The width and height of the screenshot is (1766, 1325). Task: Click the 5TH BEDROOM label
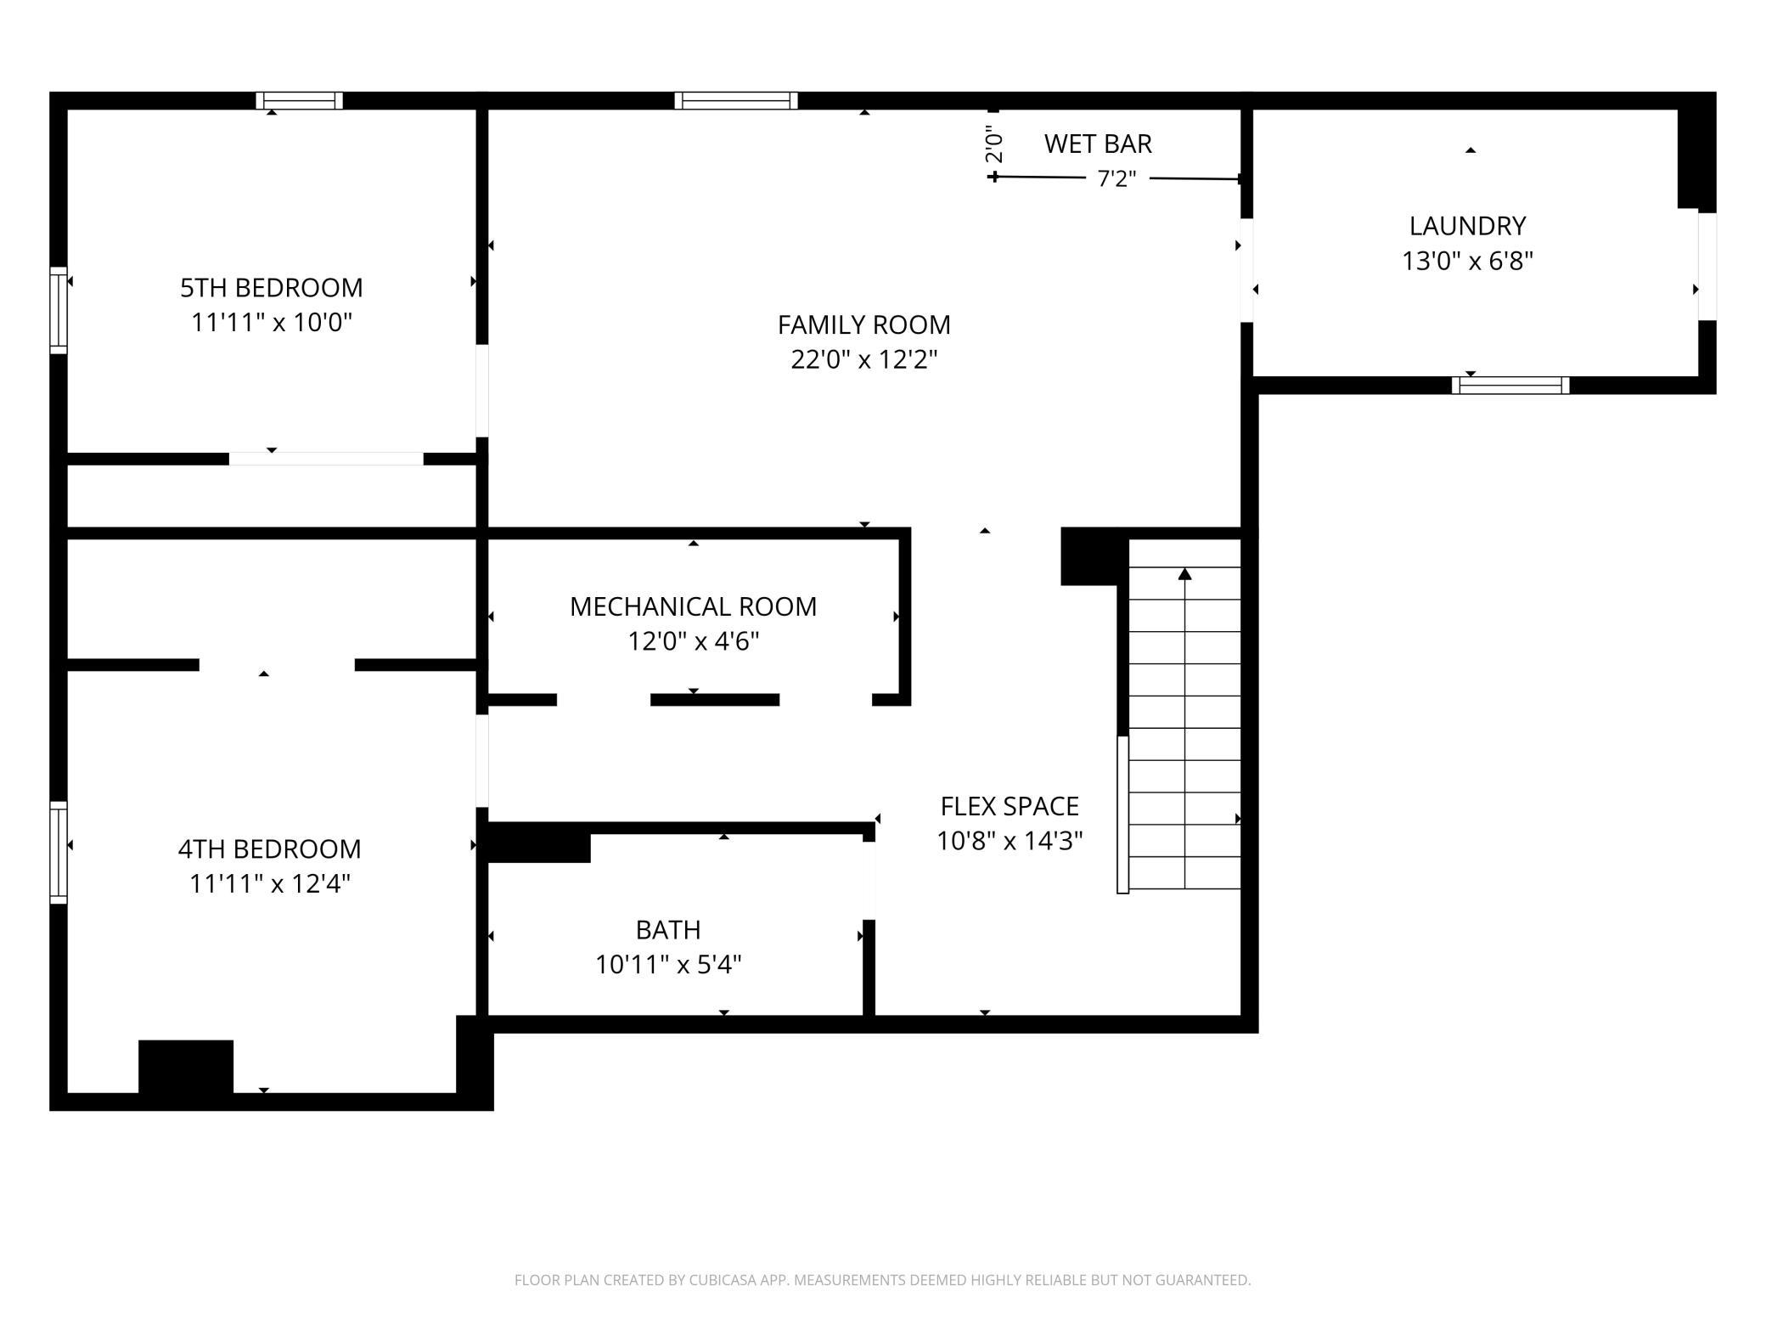[x=272, y=288]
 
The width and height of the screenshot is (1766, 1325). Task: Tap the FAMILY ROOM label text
[x=864, y=324]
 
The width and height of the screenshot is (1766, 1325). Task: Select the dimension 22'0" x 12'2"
[x=864, y=359]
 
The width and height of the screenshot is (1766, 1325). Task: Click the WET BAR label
[x=1098, y=144]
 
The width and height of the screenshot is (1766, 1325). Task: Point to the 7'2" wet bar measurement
[x=1116, y=178]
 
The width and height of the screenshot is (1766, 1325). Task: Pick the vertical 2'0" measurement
[x=994, y=144]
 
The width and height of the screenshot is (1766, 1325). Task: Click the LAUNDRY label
[x=1468, y=226]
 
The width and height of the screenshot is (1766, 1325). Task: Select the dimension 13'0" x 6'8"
[x=1468, y=261]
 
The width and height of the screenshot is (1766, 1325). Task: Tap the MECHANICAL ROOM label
[x=693, y=606]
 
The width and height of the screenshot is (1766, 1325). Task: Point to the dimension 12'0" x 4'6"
[x=693, y=641]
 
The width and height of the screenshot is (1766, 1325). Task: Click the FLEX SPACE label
[x=1010, y=806]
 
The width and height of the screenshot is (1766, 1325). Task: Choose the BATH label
[x=668, y=930]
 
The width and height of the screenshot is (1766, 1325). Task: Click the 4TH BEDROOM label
[x=269, y=849]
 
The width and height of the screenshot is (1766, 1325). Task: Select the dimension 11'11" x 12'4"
[x=269, y=884]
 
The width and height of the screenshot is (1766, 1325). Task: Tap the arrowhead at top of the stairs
[x=1185, y=574]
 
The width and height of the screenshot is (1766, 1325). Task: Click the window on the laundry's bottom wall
[x=1510, y=386]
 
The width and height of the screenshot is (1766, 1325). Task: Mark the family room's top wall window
[x=736, y=101]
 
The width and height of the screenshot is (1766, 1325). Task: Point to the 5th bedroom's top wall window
[x=300, y=101]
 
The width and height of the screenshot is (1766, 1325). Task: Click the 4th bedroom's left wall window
[x=59, y=852]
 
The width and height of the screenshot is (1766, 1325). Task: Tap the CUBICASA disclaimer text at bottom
[x=882, y=1280]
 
